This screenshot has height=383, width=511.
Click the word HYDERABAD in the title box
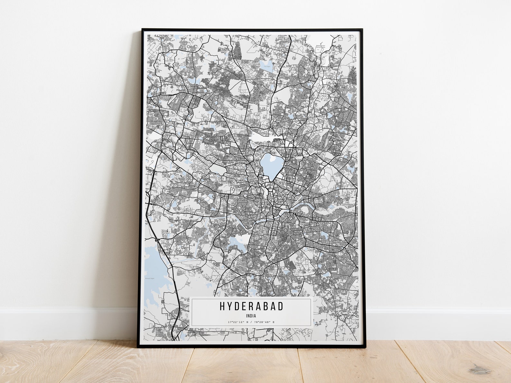click(x=251, y=306)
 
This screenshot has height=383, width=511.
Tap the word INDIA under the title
click(x=251, y=316)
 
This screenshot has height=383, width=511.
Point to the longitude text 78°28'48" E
click(x=265, y=322)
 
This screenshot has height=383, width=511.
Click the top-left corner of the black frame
click(x=143, y=30)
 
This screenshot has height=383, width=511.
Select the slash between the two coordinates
click(x=251, y=322)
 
